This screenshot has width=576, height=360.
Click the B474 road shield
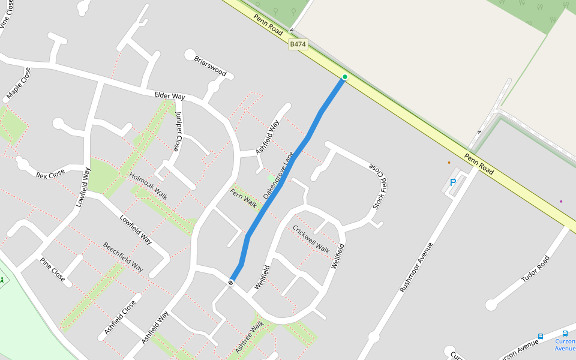tap(298, 44)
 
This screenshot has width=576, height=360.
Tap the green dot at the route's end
tap(345, 77)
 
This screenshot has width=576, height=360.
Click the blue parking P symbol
tap(453, 182)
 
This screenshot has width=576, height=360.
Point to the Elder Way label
tap(170, 95)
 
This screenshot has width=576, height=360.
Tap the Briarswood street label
tap(210, 66)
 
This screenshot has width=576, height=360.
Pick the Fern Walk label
tap(244, 199)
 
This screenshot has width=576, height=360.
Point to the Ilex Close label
tap(50, 173)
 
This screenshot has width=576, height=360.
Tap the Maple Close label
tap(19, 84)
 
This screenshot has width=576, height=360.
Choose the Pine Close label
tap(52, 270)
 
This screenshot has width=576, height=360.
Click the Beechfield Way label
tap(123, 257)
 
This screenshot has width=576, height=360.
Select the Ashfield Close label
tap(120, 317)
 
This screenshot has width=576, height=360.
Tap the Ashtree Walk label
tap(250, 337)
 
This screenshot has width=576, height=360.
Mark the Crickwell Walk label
tap(311, 239)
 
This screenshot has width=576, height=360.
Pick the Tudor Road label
tap(535, 269)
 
